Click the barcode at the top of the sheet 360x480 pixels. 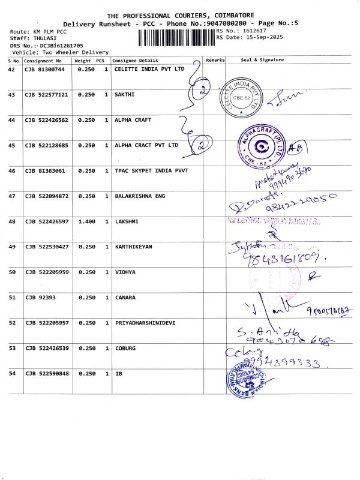tap(176, 37)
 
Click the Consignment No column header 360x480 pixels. tap(43, 61)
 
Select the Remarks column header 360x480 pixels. tap(215, 61)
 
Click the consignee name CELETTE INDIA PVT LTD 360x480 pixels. tap(149, 70)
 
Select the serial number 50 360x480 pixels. tap(11, 272)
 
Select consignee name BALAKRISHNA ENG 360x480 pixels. tap(139, 196)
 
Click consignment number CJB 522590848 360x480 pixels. tap(46, 374)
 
